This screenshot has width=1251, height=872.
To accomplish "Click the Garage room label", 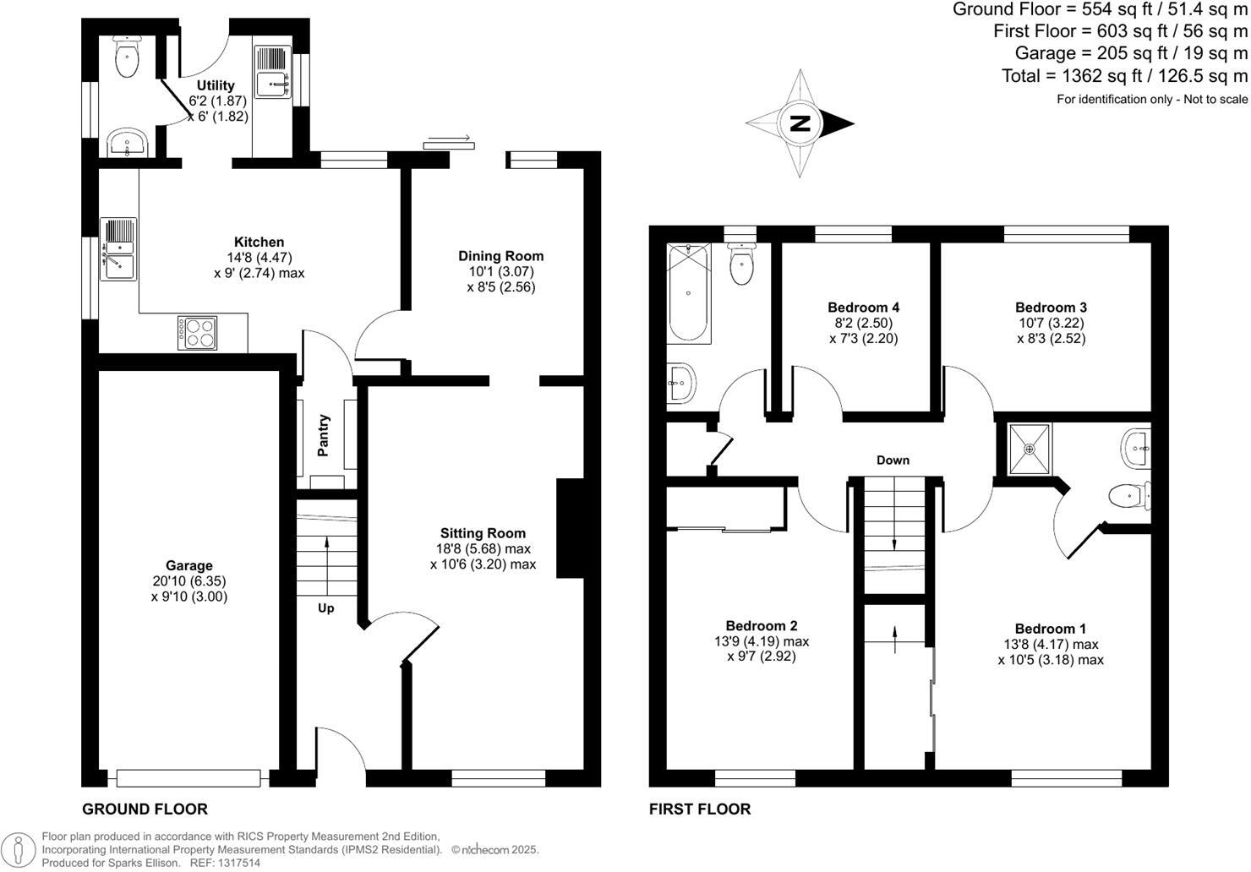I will coord(189,565).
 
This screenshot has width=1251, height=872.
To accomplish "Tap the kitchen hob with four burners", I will coord(197,332).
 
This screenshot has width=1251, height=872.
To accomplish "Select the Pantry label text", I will coord(323,435).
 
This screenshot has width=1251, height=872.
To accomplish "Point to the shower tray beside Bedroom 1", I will coord(1030,448).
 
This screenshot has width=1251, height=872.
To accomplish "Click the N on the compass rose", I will coord(800,124).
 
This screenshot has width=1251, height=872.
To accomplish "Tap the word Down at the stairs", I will coord(893,461).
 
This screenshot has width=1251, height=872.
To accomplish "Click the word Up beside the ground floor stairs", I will coord(325,608).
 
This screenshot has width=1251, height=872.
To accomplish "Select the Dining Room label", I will coord(500,256).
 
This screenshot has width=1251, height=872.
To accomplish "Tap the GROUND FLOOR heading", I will coord(145,809).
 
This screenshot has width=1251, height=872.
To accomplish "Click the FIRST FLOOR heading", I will coord(699,809).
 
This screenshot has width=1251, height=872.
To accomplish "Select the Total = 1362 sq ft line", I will coord(1123,76).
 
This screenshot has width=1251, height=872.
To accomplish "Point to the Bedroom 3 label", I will coord(1051,308).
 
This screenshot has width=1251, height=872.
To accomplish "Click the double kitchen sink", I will coord(118,248).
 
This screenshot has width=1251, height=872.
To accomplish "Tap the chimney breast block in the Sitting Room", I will coord(570,529).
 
